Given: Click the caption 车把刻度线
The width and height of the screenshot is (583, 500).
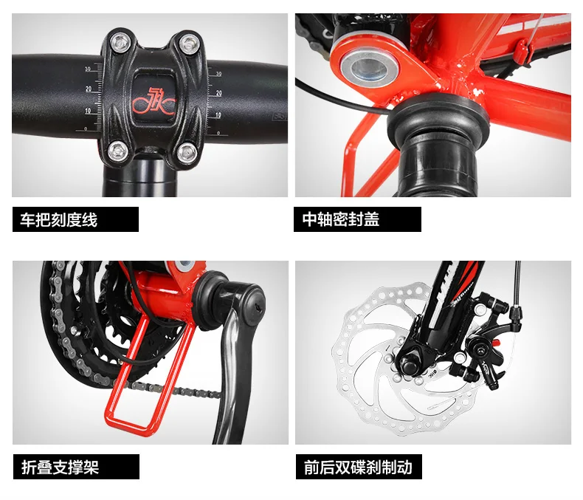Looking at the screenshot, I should (60, 219).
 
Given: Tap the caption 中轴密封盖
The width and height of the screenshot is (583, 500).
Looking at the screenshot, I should (341, 219).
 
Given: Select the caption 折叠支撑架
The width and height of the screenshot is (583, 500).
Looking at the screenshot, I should (60, 467).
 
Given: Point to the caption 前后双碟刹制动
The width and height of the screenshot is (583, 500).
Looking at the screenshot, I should (357, 467).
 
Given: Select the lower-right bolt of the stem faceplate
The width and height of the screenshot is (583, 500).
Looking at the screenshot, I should (185, 152).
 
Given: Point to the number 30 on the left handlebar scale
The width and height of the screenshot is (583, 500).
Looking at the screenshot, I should (89, 68).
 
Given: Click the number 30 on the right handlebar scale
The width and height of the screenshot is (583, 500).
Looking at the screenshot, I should (218, 74).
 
